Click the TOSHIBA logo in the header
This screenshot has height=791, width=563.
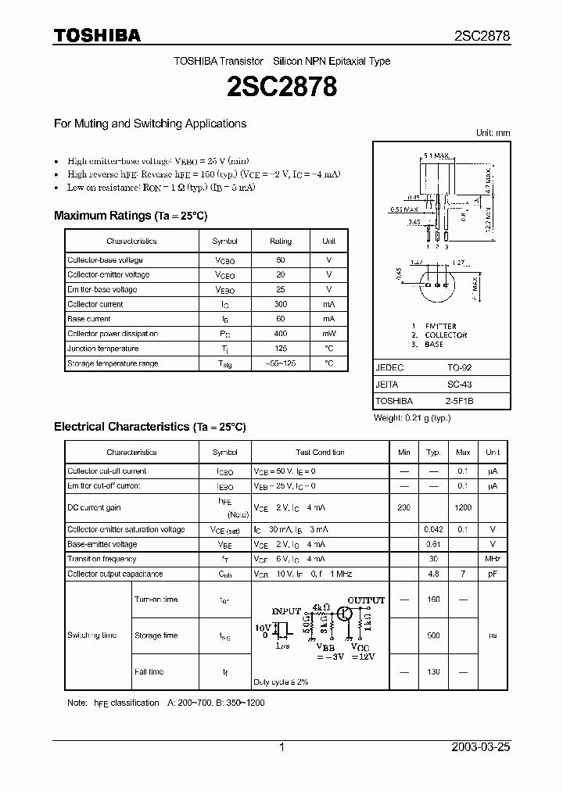pos(97,35)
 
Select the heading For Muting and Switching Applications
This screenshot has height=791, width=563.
pos(149,123)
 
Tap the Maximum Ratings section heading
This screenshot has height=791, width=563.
pos(130,216)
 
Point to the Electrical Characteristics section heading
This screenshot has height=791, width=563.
pos(149,427)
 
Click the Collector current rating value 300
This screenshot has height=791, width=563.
pos(280,304)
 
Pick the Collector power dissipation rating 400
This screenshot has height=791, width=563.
pos(280,334)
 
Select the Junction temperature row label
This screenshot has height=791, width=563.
pos(102,349)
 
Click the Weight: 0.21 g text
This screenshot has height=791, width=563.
pos(412,418)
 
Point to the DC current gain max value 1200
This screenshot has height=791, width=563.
pos(463,508)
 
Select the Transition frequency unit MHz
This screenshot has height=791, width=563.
pos(492,559)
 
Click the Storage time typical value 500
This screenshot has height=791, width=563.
pos(432,635)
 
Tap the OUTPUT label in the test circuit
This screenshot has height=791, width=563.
pos(366,600)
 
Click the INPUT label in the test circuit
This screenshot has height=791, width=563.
pos(286,610)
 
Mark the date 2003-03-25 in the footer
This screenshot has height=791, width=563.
pos(481,747)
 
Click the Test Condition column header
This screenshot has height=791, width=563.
pos(320,452)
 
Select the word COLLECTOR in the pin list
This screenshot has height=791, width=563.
pos(446,335)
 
